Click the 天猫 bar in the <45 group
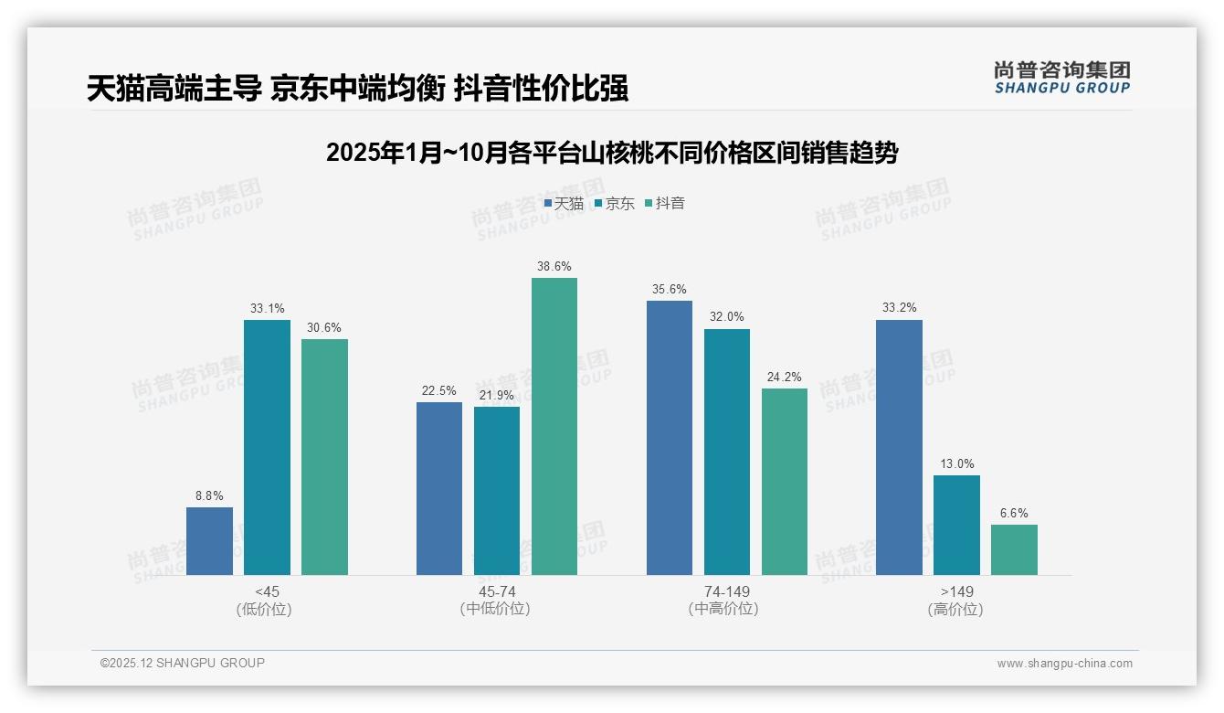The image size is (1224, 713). [x=209, y=541]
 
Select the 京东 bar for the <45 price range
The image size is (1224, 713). [x=267, y=447]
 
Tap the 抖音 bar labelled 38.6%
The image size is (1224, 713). [x=554, y=426]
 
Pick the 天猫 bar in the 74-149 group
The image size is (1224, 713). [x=670, y=438]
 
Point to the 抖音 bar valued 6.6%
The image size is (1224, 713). [x=1014, y=549]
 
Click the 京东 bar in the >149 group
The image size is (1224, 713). [x=956, y=525]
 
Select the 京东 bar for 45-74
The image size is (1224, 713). [x=497, y=491]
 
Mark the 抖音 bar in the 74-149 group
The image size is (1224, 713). [x=785, y=482]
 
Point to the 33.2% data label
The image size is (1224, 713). [x=899, y=308]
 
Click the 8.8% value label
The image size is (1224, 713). [x=209, y=495]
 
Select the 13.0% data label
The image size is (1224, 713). [x=956, y=463]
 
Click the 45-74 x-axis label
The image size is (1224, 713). [x=496, y=592]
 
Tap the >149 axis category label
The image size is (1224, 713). [x=955, y=592]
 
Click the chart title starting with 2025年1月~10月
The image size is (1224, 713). [x=612, y=153]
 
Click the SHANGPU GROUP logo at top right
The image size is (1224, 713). [x=1061, y=77]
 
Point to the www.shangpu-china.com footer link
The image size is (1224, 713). [x=1064, y=664]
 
